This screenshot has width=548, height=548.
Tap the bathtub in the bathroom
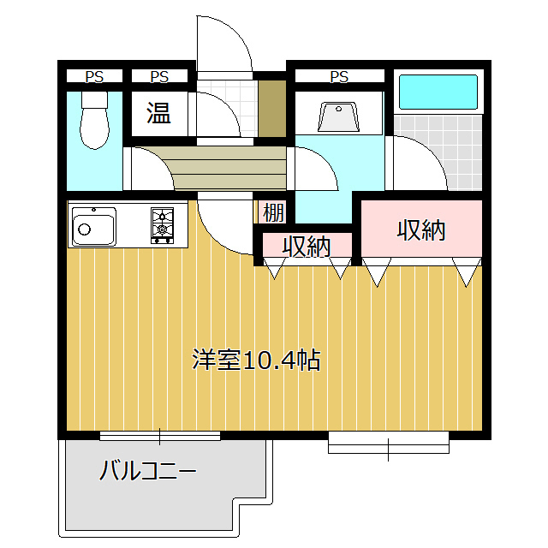[438, 92]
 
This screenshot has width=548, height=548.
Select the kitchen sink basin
[93, 226]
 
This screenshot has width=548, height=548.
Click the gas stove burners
[162, 225]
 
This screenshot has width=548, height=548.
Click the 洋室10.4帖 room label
[256, 360]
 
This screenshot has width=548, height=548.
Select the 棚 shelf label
[272, 211]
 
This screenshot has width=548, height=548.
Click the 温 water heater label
[158, 112]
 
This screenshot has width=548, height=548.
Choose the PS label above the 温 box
[158, 77]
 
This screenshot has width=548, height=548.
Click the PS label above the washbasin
[339, 77]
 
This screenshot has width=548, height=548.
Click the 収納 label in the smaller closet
[307, 246]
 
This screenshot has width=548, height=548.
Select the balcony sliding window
[160, 436]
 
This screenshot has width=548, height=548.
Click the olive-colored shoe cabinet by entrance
[271, 109]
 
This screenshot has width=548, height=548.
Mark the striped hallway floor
[227, 166]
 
